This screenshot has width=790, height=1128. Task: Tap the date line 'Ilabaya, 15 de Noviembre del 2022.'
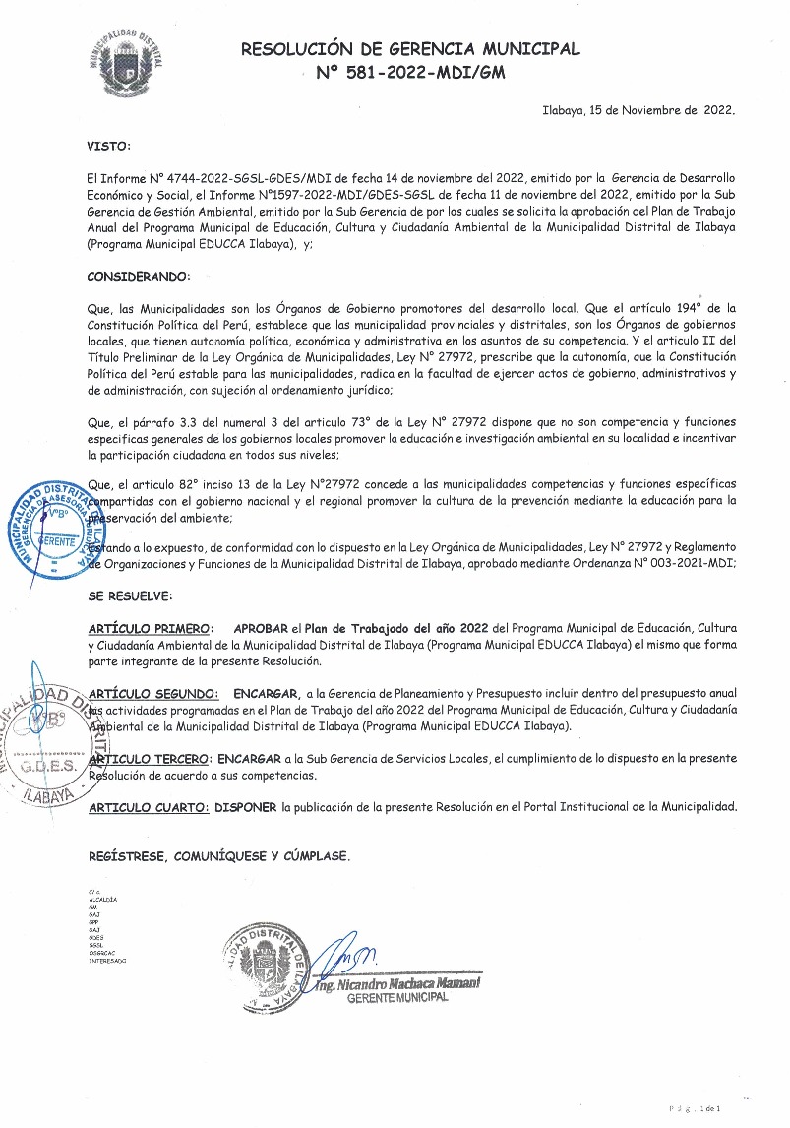[638, 111]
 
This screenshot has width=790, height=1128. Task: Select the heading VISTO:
[108, 146]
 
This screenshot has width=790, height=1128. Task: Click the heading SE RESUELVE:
[130, 595]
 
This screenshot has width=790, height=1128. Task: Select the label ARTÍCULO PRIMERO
[149, 627]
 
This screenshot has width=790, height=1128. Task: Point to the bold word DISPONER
[245, 807]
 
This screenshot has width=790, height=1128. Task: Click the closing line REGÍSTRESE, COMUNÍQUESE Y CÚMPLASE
[217, 856]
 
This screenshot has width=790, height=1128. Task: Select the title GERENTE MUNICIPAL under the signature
[397, 997]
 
